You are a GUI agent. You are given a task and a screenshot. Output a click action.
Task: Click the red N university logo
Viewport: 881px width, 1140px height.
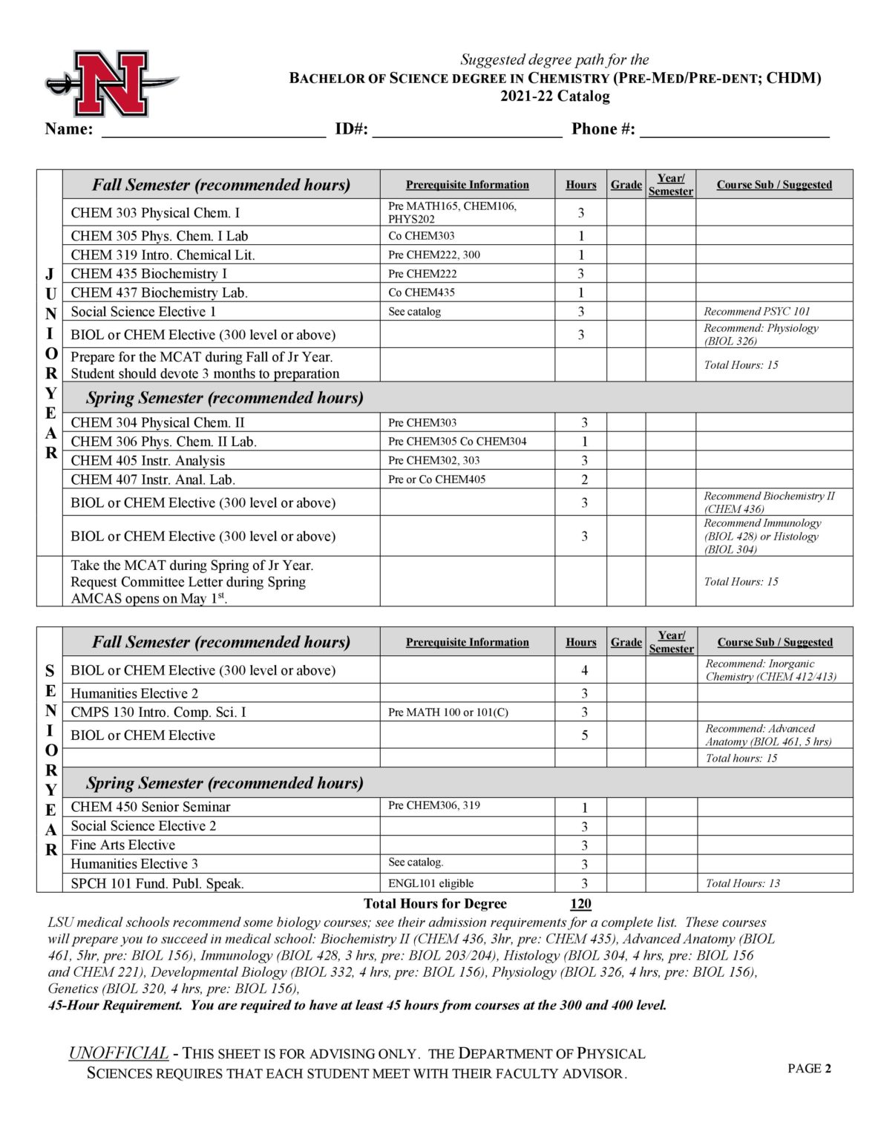111,82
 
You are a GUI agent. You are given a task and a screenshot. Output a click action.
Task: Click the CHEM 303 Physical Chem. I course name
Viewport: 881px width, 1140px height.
155,213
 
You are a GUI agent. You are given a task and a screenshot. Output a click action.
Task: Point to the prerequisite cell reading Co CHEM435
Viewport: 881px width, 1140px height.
422,292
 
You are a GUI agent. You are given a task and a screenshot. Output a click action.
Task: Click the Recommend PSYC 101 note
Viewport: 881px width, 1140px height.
756,312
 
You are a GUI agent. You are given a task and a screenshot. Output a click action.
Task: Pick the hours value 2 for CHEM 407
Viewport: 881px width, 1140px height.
584,479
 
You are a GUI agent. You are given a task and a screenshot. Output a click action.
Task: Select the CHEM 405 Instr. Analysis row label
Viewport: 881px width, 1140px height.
148,460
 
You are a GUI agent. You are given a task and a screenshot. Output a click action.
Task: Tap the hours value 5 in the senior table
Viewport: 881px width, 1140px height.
584,736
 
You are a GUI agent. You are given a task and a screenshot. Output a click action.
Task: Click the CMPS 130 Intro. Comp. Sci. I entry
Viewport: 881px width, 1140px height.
158,712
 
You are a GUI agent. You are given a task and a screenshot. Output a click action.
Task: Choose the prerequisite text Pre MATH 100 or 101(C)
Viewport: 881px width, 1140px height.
448,712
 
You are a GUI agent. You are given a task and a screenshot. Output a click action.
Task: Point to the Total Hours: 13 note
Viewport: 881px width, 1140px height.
742,883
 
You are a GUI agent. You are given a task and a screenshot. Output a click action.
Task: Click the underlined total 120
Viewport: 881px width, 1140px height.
580,904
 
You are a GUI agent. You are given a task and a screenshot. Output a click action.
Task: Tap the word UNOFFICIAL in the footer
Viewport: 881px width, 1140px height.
119,1053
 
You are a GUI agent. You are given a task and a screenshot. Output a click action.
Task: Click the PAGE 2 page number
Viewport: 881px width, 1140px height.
809,1069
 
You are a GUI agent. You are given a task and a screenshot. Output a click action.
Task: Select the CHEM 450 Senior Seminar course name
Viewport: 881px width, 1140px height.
150,807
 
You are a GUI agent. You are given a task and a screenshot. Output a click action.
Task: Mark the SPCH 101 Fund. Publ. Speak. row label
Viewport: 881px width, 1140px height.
157,883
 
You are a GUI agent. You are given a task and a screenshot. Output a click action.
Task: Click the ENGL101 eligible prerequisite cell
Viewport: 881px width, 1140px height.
430,883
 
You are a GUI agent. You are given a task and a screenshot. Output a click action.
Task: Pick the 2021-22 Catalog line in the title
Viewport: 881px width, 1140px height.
554,96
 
